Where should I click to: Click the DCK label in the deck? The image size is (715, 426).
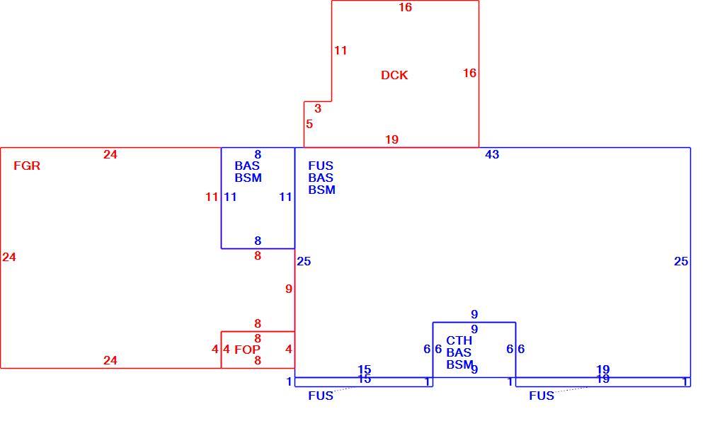394,75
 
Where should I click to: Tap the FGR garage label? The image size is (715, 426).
27,166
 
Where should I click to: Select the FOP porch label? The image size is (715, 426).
248,350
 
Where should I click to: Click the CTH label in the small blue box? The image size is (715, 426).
459,340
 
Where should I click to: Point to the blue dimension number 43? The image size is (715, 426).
492,154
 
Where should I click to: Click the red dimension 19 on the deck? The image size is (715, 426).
391,139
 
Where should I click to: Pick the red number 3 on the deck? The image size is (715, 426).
318,108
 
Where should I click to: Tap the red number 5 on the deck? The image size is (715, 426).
309,124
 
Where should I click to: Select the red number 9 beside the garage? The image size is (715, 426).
289,289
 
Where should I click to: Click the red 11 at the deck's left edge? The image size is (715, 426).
341,50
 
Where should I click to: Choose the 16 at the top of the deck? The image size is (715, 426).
405,7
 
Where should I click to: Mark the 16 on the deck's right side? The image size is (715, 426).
469,73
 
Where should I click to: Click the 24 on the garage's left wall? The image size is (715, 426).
9,257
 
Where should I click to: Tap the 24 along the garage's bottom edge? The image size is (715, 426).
110,360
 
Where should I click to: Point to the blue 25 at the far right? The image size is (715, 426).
681,261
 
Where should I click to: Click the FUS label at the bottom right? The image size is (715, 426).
542,396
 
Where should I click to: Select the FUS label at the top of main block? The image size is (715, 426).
321,166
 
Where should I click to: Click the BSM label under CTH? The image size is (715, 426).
459,364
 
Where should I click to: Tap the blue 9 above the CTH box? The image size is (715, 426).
474,314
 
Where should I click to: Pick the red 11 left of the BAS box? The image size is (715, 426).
212,197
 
